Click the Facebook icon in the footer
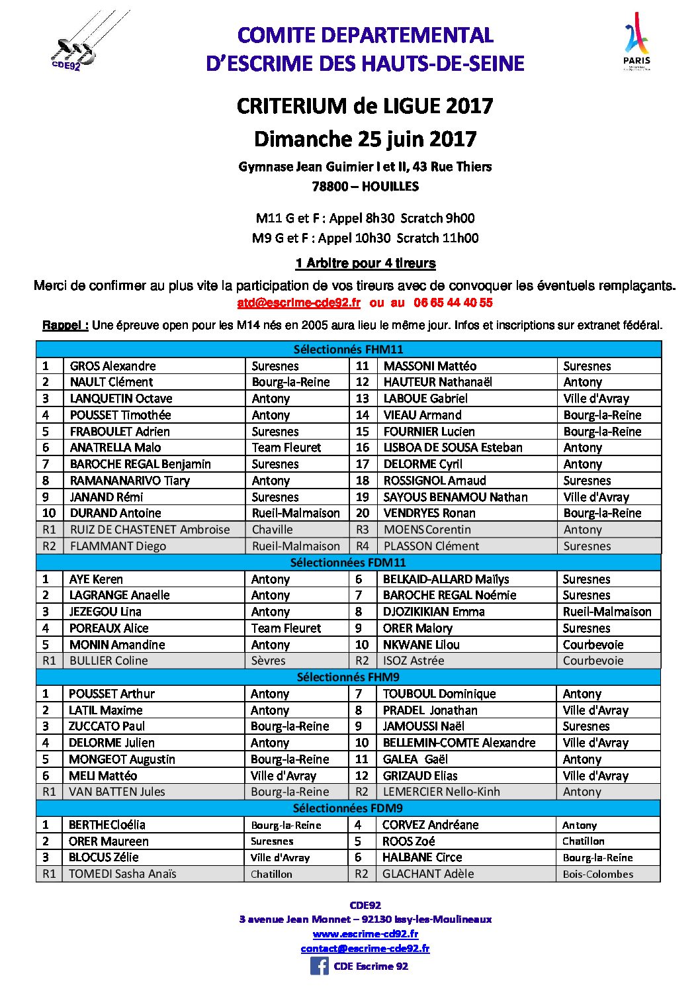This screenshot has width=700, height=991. click(x=319, y=966)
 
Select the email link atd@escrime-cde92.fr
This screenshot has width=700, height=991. click(x=298, y=303)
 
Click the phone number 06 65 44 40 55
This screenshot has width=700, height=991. click(x=453, y=303)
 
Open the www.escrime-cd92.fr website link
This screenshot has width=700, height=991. click(x=365, y=934)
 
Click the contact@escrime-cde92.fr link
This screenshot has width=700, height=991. click(x=365, y=949)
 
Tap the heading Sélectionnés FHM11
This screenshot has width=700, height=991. click(x=348, y=350)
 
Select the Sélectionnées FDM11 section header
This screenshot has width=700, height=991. click(x=348, y=563)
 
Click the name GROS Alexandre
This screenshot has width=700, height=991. click(x=113, y=366)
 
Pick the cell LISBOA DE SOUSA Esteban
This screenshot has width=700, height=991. click(x=453, y=448)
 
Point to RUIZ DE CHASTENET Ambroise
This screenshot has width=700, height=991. click(x=150, y=530)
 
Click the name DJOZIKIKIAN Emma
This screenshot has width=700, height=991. click(x=433, y=612)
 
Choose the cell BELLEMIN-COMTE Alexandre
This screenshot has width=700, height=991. click(x=459, y=743)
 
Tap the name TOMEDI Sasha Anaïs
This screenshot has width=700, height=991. click(x=122, y=874)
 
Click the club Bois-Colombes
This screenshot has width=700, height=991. click(x=597, y=874)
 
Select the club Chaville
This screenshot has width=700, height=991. click(x=272, y=530)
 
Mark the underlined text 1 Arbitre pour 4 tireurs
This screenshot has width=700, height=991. click(x=365, y=263)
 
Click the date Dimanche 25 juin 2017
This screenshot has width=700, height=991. click(x=365, y=139)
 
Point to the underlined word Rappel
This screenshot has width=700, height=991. click(x=65, y=325)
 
